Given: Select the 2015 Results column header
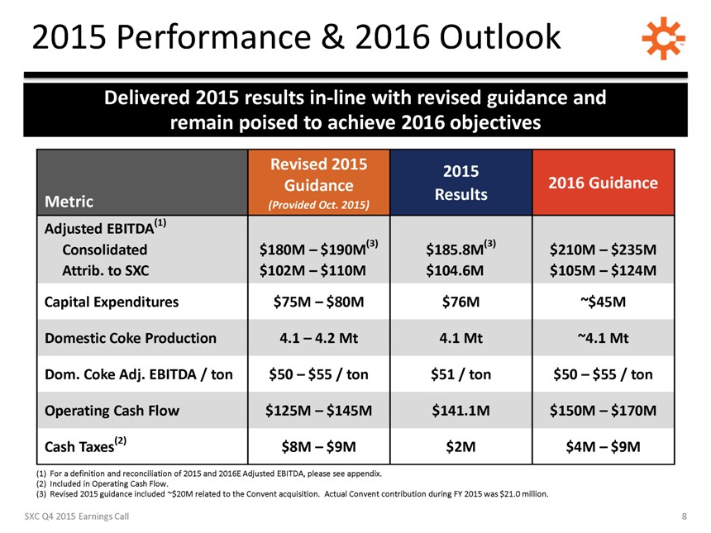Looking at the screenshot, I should click(x=461, y=182).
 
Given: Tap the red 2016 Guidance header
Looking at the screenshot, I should click(x=604, y=183).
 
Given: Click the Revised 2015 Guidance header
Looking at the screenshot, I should click(x=318, y=183).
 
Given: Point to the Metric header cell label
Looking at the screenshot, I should click(x=69, y=202).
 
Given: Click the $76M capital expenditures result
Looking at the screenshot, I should click(x=461, y=302).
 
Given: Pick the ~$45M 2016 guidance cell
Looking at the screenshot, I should click(x=604, y=302).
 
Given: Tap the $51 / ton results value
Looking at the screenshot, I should click(x=461, y=374).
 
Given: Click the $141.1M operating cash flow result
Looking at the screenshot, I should click(x=461, y=411).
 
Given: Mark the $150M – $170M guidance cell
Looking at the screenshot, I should click(x=604, y=411).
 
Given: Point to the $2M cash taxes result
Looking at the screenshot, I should click(x=461, y=447).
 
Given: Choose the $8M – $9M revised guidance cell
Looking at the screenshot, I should click(x=318, y=447).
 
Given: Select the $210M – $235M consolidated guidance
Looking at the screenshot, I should click(x=604, y=250).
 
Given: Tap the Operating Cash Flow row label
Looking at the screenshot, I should click(x=114, y=411).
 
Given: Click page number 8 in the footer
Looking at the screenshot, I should click(x=685, y=516).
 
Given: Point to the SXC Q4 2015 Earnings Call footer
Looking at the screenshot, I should click(x=75, y=516).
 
